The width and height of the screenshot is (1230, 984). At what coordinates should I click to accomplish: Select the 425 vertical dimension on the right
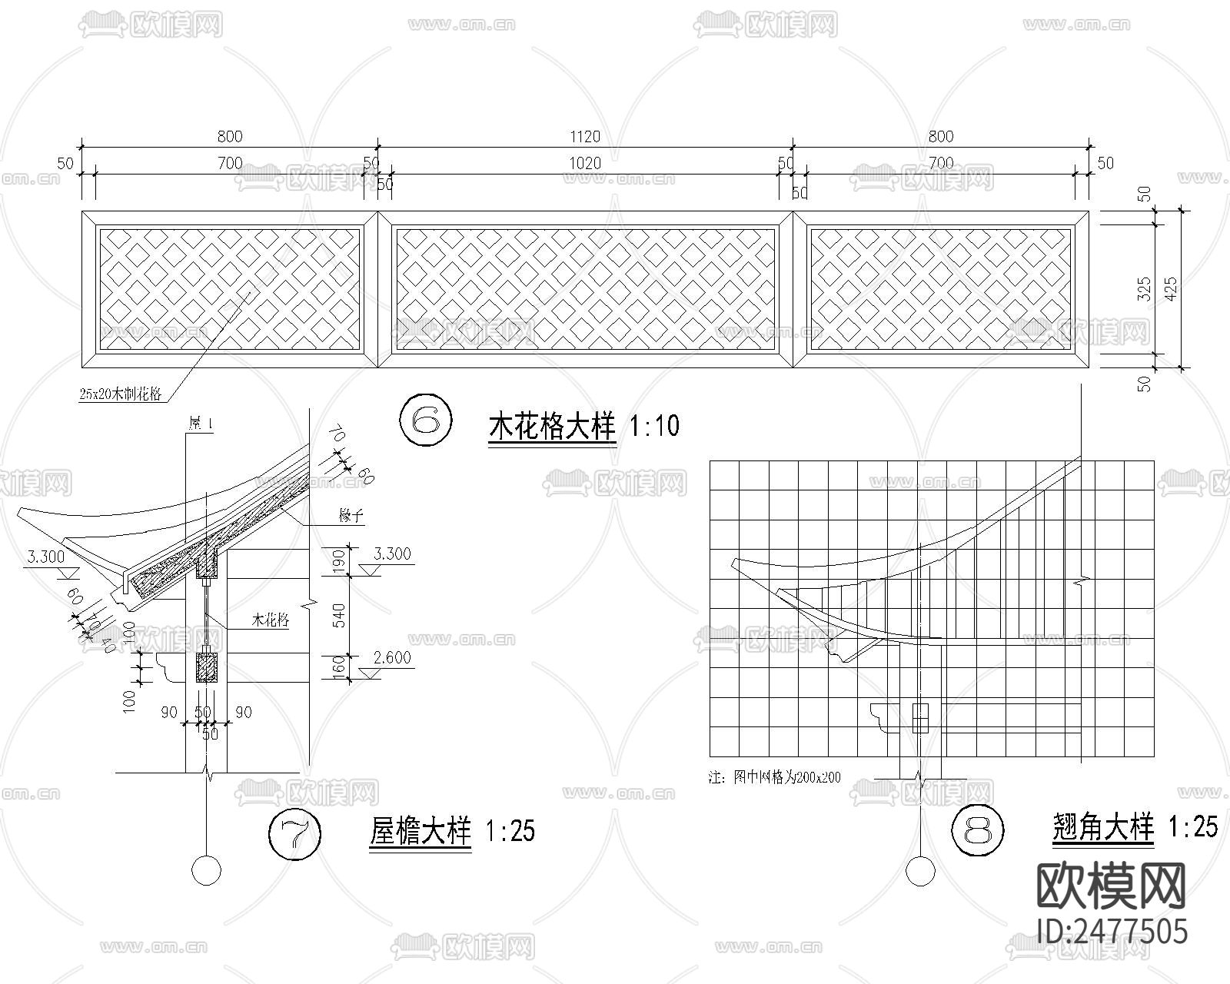pos(1172,289)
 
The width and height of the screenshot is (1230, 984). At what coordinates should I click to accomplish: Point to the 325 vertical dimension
pos(1144,289)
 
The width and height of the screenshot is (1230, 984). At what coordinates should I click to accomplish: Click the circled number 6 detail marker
pos(426,420)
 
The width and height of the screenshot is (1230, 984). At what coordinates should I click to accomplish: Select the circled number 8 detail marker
pos(978,830)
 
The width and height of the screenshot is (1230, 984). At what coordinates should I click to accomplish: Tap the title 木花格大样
pos(552,426)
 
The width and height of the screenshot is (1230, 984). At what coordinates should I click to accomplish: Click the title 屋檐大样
pos(420,832)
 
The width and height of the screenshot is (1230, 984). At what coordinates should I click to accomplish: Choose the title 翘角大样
pos(1102,827)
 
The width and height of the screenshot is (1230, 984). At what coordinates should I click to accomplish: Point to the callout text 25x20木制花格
pos(120,394)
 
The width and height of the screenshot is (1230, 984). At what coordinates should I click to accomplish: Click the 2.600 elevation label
pos(391,658)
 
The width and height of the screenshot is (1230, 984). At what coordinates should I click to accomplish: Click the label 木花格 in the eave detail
pos(271,620)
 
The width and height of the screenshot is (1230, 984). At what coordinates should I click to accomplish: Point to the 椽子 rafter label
pos(351,517)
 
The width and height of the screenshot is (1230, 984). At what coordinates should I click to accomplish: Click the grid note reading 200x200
pos(775,777)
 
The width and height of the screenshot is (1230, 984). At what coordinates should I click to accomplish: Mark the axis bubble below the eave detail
pos(206,870)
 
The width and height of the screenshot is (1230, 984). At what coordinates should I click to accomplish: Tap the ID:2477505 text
pos(1112,930)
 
